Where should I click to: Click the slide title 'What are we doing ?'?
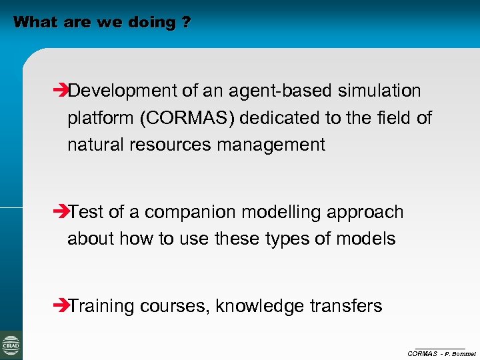pos(101,22)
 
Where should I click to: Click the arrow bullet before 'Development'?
pos(60,91)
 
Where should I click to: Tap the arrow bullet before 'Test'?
pos(60,212)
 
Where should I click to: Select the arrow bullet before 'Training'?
pos(60,306)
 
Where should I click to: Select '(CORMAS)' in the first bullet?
pos(187,118)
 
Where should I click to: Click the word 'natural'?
pos(91,145)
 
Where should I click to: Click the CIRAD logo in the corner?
pos(11,345)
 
